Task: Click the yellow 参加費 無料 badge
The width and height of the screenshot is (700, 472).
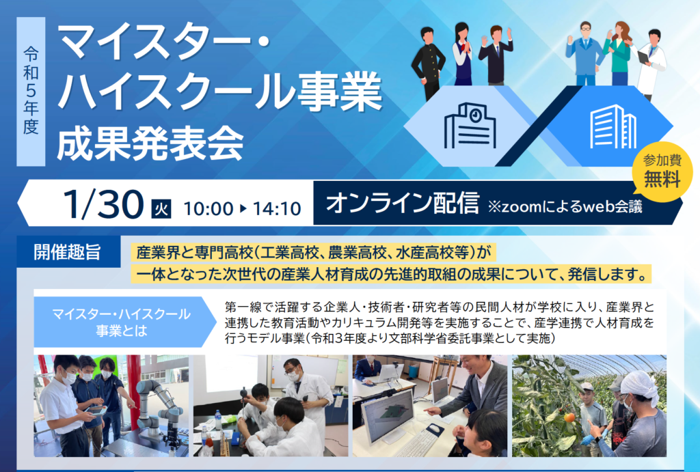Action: [662, 171]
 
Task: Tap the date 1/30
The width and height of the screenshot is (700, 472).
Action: [103, 204]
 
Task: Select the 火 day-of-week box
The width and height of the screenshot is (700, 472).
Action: [161, 208]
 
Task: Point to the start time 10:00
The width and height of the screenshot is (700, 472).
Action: [208, 209]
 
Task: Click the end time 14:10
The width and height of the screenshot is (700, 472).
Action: [277, 209]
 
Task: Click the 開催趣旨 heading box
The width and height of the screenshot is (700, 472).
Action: [68, 252]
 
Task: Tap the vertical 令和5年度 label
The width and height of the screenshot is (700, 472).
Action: [31, 91]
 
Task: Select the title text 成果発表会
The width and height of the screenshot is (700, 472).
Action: [150, 144]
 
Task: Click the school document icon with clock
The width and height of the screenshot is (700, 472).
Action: [470, 126]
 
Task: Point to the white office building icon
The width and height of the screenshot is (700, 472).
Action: [612, 126]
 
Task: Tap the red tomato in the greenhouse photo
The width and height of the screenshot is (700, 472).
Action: [569, 418]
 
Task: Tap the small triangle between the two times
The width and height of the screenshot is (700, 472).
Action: [243, 208]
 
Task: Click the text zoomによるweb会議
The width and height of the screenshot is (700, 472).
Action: [565, 206]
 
